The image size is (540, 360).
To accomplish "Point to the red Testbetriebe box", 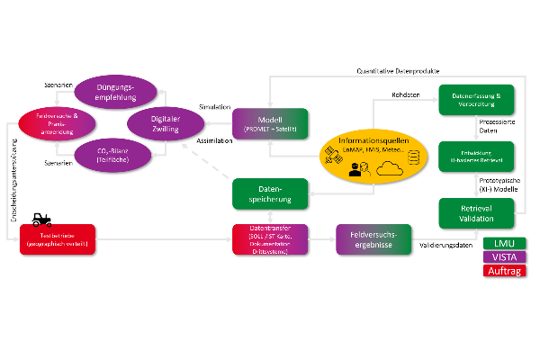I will point(57,239).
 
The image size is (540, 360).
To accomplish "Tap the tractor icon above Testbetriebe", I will point(40,218).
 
